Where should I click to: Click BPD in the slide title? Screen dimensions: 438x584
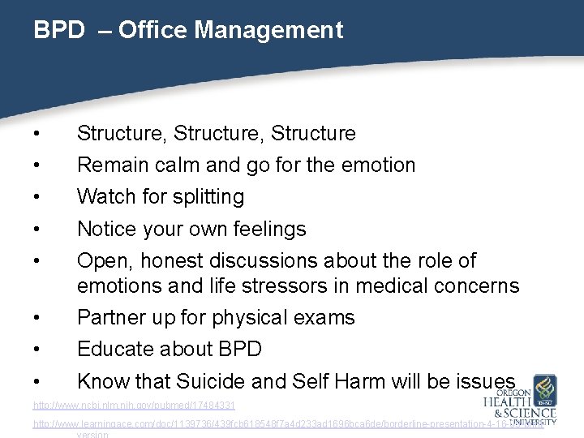tap(58, 31)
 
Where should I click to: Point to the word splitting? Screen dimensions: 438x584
tap(206, 197)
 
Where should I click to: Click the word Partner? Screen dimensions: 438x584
tap(109, 318)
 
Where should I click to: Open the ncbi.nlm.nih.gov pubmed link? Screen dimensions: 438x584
tap(134, 404)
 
